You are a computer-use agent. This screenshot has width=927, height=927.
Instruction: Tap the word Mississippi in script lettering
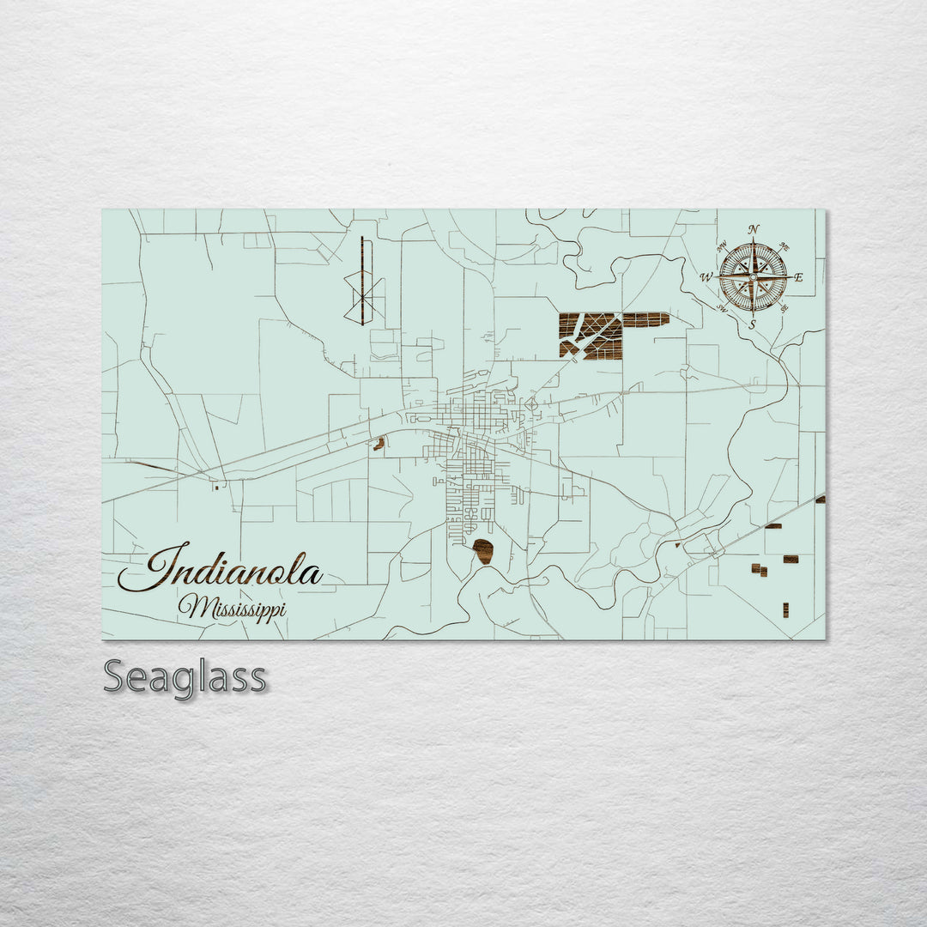point(232,608)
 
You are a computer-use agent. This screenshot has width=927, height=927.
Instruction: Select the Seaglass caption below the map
point(185,677)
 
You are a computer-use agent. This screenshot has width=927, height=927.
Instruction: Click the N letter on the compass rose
point(753,229)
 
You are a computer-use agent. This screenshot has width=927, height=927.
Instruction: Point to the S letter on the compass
point(753,324)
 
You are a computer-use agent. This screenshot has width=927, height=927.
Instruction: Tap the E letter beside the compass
point(798,277)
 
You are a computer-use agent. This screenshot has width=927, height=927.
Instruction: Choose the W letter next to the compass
point(706,277)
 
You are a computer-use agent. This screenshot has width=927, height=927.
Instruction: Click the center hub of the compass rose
point(753,276)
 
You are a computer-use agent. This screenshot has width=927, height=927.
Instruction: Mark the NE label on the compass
point(785,247)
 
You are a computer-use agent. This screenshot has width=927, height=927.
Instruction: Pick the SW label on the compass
point(722,308)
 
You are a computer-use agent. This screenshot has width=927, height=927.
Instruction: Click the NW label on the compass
point(722,245)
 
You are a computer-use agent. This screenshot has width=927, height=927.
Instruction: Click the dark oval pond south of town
point(483,551)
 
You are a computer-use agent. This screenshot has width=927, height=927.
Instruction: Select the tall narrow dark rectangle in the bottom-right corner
point(785,609)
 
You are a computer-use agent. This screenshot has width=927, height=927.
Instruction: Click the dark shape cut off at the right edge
point(821,499)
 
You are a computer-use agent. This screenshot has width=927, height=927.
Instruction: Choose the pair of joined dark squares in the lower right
point(759,569)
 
